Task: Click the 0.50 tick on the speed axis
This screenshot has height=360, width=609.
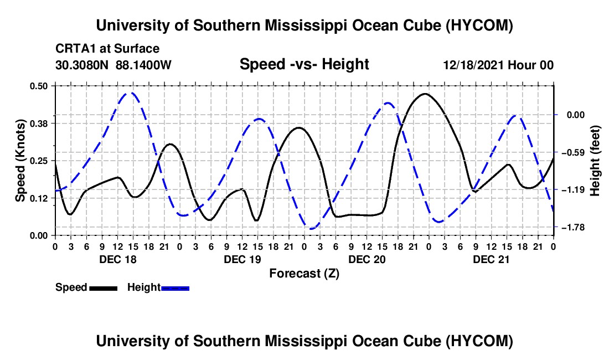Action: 38,86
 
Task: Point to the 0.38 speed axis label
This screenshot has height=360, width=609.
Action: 38,124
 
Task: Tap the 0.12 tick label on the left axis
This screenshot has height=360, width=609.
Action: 38,198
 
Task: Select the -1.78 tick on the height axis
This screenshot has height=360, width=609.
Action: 573,227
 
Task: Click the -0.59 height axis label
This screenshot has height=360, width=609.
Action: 573,152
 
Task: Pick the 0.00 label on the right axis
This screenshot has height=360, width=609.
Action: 576,115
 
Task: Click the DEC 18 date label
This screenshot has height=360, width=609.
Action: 118,259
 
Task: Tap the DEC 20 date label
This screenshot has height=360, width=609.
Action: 367,259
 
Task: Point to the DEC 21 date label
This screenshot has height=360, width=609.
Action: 491,259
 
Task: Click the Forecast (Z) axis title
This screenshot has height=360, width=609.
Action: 304,274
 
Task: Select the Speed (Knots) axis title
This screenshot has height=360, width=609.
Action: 20,161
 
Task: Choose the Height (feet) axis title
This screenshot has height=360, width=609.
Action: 595,161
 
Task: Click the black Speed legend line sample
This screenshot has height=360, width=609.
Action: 104,288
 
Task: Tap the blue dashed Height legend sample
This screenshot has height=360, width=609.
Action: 175,288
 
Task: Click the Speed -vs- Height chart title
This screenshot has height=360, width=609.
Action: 304,64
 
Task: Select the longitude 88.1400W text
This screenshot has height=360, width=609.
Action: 143,65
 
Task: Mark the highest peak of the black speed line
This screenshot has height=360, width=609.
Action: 425,94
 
